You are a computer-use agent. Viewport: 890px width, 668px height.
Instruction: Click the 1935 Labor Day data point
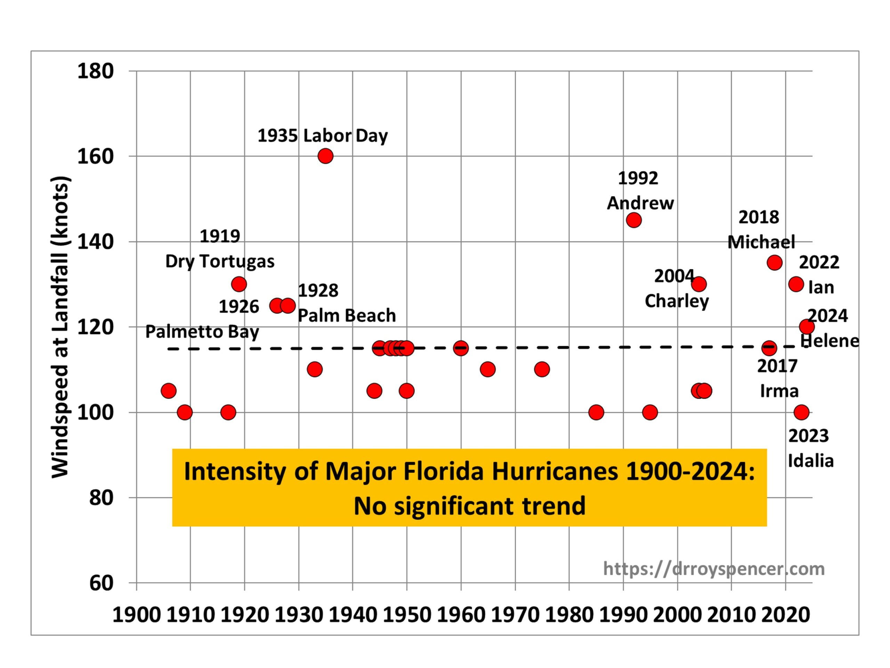[325, 156]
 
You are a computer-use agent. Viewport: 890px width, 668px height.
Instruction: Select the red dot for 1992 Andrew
[634, 220]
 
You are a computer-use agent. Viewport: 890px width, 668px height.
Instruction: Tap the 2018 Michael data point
[775, 263]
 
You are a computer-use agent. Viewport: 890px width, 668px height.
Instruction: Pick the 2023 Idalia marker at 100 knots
[801, 412]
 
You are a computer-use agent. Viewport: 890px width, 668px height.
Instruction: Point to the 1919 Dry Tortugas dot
[239, 284]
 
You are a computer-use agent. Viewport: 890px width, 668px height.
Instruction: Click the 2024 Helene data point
[807, 326]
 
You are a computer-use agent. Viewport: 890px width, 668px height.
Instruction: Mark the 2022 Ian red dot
[796, 284]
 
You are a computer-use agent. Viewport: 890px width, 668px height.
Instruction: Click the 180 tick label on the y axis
[95, 71]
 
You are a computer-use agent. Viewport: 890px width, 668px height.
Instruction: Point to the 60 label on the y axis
[101, 583]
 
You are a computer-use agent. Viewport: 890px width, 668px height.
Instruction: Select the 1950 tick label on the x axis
[406, 615]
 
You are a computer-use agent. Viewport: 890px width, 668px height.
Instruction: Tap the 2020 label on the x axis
[785, 615]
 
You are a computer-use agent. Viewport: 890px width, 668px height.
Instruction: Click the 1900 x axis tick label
[136, 615]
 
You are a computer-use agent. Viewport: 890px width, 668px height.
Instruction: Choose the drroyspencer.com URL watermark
[714, 568]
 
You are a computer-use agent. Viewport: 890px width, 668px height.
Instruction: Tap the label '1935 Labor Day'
[322, 136]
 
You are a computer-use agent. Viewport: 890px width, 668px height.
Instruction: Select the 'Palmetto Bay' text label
[202, 332]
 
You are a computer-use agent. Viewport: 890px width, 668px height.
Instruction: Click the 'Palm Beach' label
[346, 315]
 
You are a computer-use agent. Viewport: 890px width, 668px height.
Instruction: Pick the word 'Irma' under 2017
[779, 391]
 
